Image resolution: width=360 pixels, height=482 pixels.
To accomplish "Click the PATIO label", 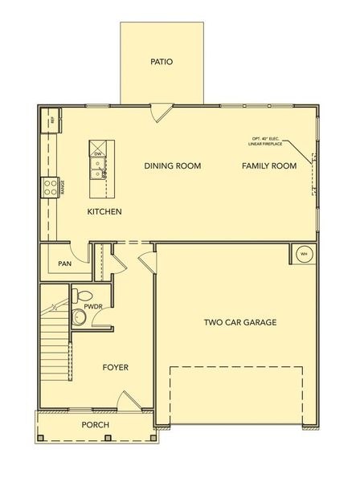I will pyautogui.click(x=162, y=61).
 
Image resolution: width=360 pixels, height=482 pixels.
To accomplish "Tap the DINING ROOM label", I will pyautogui.click(x=172, y=166).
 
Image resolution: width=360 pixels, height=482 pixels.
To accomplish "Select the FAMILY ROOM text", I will pyautogui.click(x=270, y=166).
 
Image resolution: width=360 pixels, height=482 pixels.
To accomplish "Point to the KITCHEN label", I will pyautogui.click(x=104, y=212).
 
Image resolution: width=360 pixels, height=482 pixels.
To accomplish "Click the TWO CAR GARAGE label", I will pyautogui.click(x=240, y=323).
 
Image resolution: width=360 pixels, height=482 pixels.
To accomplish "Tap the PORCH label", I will pyautogui.click(x=96, y=425).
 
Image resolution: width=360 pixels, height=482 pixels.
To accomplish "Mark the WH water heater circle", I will pyautogui.click(x=304, y=255).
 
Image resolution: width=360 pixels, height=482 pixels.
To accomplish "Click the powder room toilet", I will pyautogui.click(x=79, y=317).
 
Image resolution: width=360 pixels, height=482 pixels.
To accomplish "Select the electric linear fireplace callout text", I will pyautogui.click(x=268, y=141).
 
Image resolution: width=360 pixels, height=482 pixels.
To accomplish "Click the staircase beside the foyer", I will pyautogui.click(x=54, y=345).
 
